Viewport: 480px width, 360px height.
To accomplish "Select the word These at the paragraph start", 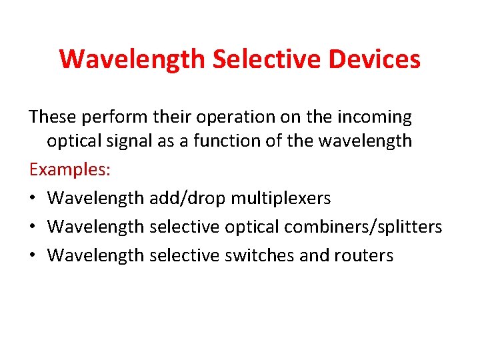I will tap(52, 117).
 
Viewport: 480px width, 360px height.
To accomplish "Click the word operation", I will tap(233, 117).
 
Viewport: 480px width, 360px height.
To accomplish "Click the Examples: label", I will tap(70, 169).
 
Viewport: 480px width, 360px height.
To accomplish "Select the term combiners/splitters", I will tap(363, 227).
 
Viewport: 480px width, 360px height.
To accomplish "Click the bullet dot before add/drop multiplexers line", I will tap(33, 199).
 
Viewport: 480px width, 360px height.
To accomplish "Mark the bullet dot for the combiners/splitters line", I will tap(33, 227).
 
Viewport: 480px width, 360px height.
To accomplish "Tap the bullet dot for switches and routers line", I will tap(33, 256).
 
